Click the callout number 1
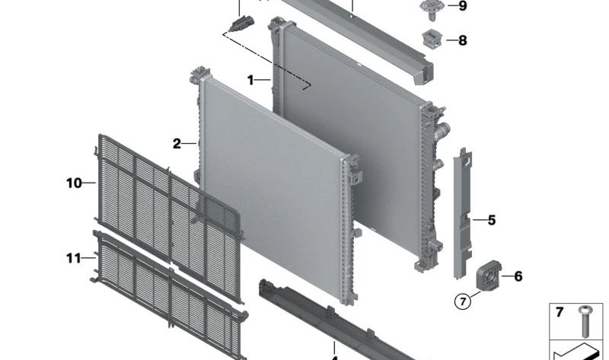(x=250, y=81)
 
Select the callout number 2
(x=177, y=144)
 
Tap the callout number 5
(x=492, y=220)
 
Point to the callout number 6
(x=518, y=276)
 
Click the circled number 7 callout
(x=463, y=301)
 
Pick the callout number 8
(x=463, y=40)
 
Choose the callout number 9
(x=463, y=6)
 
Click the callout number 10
(x=74, y=183)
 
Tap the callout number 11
(x=73, y=258)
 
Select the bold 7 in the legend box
(x=559, y=312)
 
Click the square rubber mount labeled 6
(x=489, y=276)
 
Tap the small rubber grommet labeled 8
(x=432, y=40)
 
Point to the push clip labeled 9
(x=432, y=8)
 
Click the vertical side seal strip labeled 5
(x=463, y=213)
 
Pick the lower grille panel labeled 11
(x=170, y=295)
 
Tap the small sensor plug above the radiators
(x=241, y=24)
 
